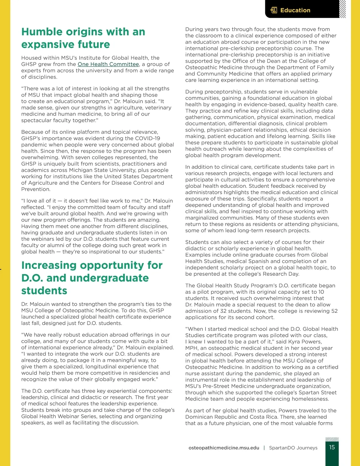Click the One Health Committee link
click(x=108, y=64)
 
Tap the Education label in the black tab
click(x=295, y=10)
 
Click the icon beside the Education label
click(x=274, y=10)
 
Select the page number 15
click(x=332, y=447)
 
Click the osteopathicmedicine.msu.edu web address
click(x=224, y=448)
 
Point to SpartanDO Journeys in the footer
click(x=293, y=448)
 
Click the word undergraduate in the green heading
click(x=109, y=278)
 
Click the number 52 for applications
click(x=334, y=311)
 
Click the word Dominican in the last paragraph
click(x=200, y=417)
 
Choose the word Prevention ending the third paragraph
click(x=36, y=189)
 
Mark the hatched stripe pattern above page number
click(x=332, y=439)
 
